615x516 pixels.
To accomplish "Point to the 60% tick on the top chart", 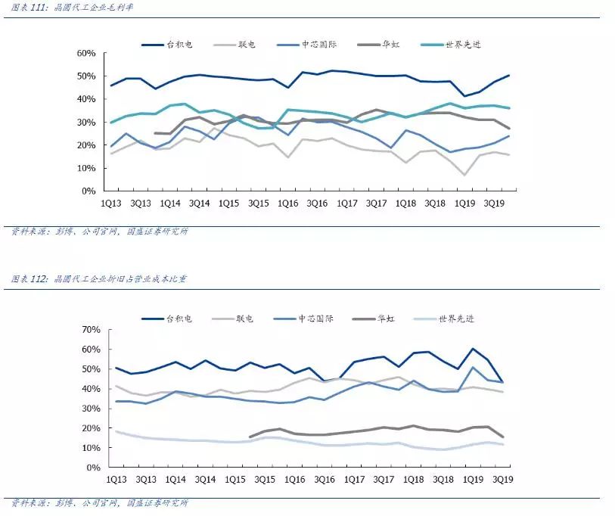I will [85, 53].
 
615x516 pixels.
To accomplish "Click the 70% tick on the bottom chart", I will [91, 330].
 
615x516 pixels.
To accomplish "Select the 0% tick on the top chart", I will [88, 191].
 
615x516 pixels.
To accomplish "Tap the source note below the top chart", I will [99, 232].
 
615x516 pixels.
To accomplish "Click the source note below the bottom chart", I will [99, 503].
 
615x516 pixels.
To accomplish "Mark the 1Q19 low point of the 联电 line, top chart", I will [465, 175].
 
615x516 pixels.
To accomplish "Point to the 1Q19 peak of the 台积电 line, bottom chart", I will [473, 349].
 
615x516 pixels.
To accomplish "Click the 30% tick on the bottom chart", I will [91, 409].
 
